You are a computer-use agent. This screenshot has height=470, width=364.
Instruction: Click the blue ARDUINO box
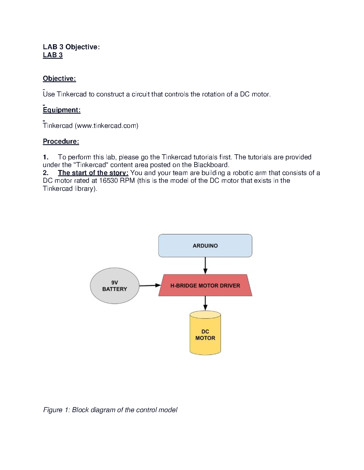click(205, 246)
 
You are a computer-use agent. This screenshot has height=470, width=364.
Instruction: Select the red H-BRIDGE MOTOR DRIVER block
click(205, 285)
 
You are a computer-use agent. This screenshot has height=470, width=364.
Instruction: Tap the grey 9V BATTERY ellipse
click(114, 286)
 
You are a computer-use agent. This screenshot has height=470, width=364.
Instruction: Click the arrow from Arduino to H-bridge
click(205, 266)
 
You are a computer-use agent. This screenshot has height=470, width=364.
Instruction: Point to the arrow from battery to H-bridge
click(150, 285)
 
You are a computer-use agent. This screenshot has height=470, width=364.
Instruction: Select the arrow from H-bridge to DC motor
click(205, 303)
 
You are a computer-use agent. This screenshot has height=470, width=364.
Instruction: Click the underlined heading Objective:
click(59, 79)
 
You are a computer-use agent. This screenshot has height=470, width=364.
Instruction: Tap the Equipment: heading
click(62, 110)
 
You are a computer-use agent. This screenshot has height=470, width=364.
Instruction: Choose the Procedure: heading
click(61, 142)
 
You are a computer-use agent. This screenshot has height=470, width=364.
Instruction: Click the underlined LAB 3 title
click(53, 55)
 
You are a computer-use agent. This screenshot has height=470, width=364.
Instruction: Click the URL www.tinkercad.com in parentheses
click(106, 126)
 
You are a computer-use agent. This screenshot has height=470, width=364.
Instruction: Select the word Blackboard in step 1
click(211, 165)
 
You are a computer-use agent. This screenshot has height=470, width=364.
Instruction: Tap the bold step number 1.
click(45, 157)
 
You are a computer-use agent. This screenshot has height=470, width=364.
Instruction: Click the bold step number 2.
click(45, 173)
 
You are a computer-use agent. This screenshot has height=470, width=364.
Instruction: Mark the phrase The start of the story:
click(93, 173)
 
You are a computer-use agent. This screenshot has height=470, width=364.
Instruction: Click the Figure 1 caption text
click(110, 410)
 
